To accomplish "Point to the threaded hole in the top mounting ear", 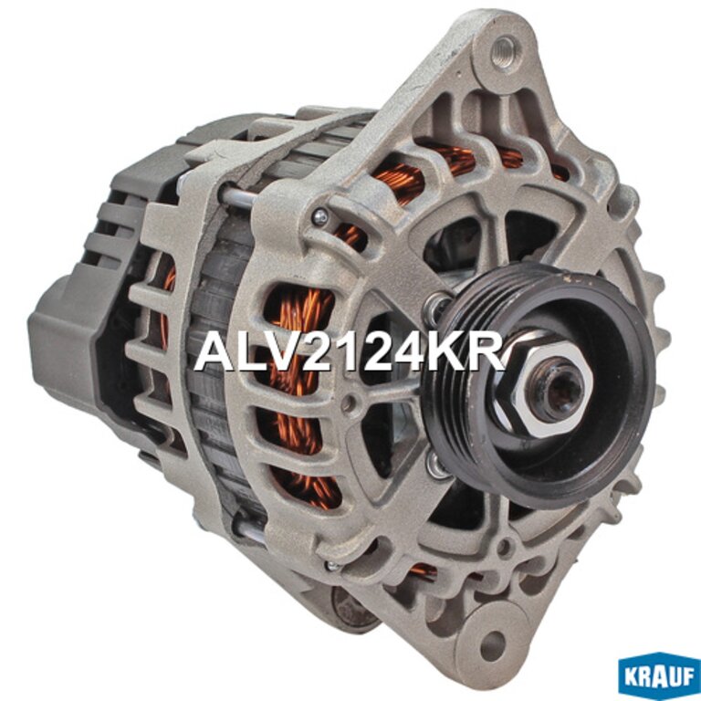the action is [504, 50].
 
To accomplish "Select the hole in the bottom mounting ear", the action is [491, 642].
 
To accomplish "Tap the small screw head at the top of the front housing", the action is [320, 217].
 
